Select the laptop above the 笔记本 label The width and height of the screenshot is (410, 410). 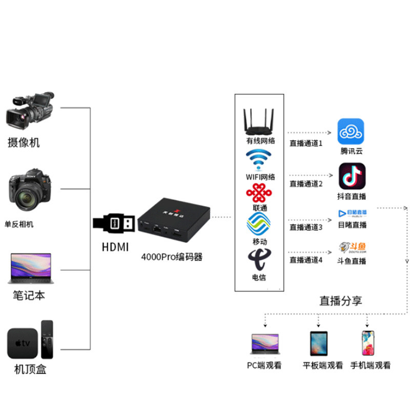pos(30,268)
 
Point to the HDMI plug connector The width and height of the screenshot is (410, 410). pos(114,223)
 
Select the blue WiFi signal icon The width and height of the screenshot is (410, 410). pos(260,159)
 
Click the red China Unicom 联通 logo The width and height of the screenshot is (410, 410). pos(259,193)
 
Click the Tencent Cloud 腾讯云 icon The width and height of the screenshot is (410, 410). pos(351,132)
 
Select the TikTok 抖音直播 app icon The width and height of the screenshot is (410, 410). pos(352,176)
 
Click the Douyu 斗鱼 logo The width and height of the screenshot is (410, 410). pos(353,248)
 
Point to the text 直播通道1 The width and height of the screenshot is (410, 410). pos(306,143)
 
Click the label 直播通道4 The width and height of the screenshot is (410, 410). pos(306,260)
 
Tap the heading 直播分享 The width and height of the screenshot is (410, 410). pos(341,301)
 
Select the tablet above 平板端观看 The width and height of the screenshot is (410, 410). pos(318,343)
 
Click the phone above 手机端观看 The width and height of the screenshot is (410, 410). pos(367,343)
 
